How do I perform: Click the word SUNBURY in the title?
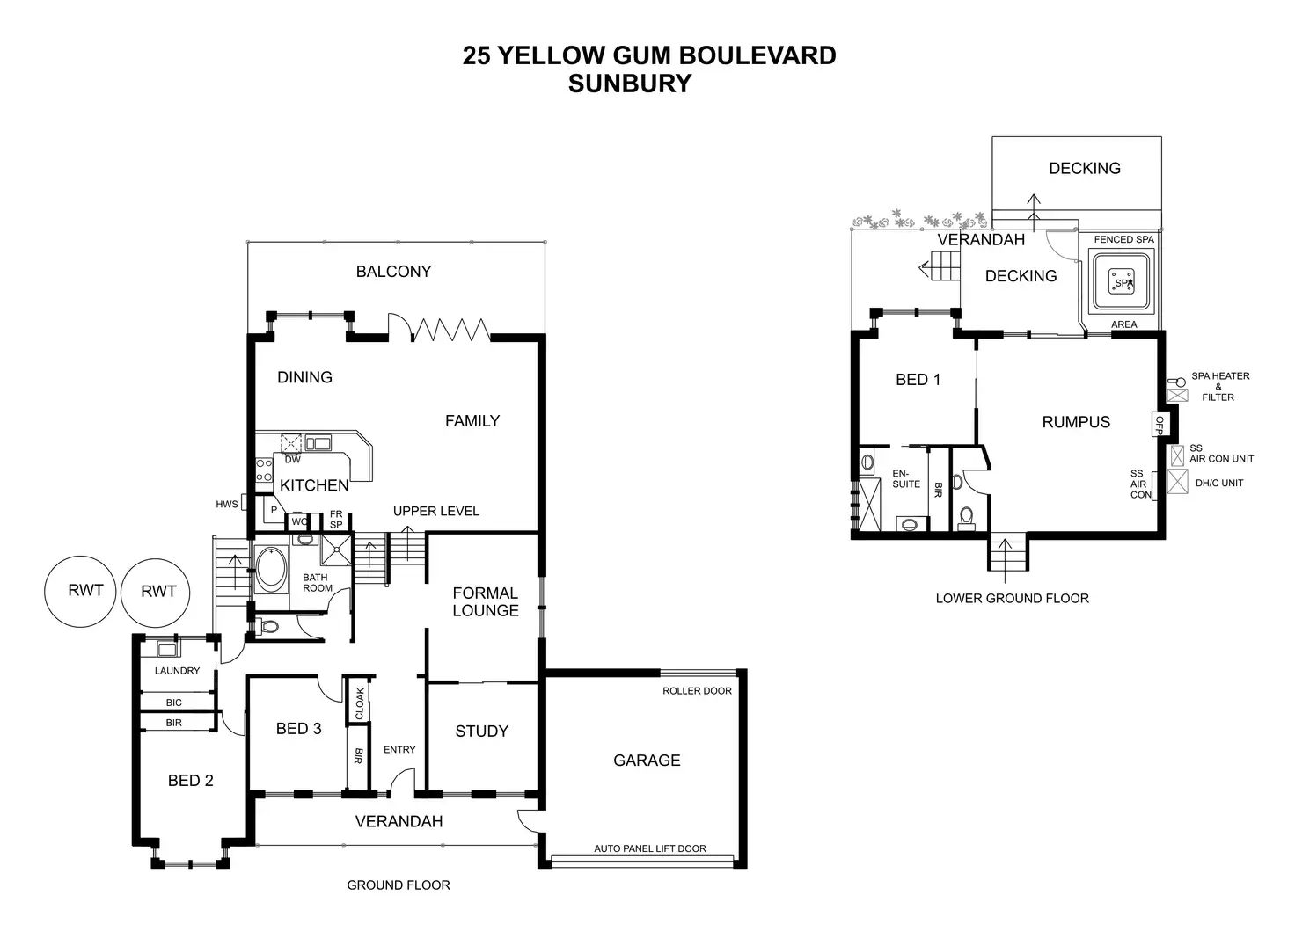click(x=629, y=84)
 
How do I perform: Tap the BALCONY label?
click(x=393, y=272)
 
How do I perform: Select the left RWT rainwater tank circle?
click(x=85, y=591)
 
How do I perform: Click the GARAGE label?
click(x=647, y=761)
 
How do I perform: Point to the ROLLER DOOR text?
click(x=697, y=691)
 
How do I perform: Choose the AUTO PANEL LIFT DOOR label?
click(x=650, y=848)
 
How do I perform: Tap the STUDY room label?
click(x=481, y=731)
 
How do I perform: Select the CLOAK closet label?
click(x=360, y=704)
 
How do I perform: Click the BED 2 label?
click(x=190, y=781)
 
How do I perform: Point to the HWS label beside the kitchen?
click(x=227, y=505)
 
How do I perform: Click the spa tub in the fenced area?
click(x=1123, y=281)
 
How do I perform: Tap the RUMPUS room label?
click(x=1076, y=422)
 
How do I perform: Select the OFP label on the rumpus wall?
click(x=1159, y=425)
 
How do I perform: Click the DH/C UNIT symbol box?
click(x=1177, y=481)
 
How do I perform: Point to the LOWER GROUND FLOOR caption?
click(x=1012, y=599)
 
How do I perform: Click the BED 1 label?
click(x=918, y=380)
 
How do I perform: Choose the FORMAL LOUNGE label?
click(x=485, y=602)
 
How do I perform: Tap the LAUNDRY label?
click(x=177, y=671)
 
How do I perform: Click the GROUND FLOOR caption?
click(x=398, y=885)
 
